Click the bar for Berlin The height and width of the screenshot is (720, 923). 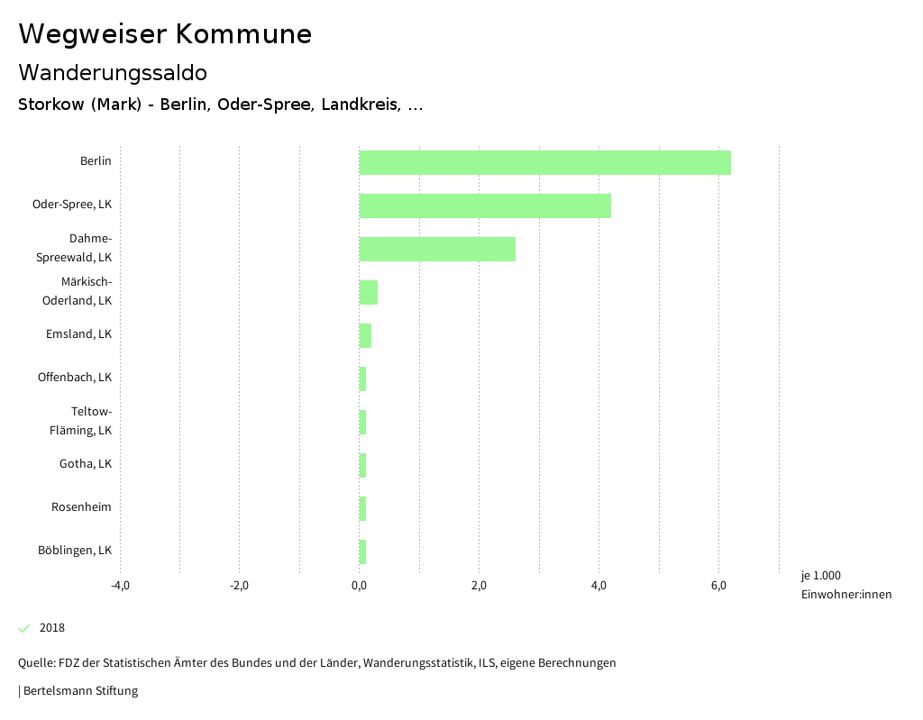point(544,162)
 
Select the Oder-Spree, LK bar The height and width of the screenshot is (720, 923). point(485,205)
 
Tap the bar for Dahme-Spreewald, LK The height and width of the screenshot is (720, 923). point(437,249)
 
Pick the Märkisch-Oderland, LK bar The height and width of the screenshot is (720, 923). point(369,292)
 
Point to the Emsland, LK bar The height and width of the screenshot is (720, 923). point(365,335)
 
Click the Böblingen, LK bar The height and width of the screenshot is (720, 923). point(362,551)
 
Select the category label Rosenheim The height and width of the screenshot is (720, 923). point(81,506)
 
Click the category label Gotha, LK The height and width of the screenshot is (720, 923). point(86,463)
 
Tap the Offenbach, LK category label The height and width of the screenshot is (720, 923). point(75,377)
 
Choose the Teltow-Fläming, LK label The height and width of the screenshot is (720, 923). point(81,421)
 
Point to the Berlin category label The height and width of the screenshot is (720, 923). point(96,160)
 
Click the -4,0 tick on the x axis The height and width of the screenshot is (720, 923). point(120,586)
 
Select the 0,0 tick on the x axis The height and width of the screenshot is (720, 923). point(359,586)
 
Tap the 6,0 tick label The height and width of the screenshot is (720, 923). point(718,586)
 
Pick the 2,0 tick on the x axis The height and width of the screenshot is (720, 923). point(479,586)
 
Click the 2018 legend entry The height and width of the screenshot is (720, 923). point(51,628)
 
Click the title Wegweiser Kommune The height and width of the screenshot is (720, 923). point(165,34)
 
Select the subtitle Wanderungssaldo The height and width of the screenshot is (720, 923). point(113,72)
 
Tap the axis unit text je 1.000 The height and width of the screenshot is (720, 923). point(820,576)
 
